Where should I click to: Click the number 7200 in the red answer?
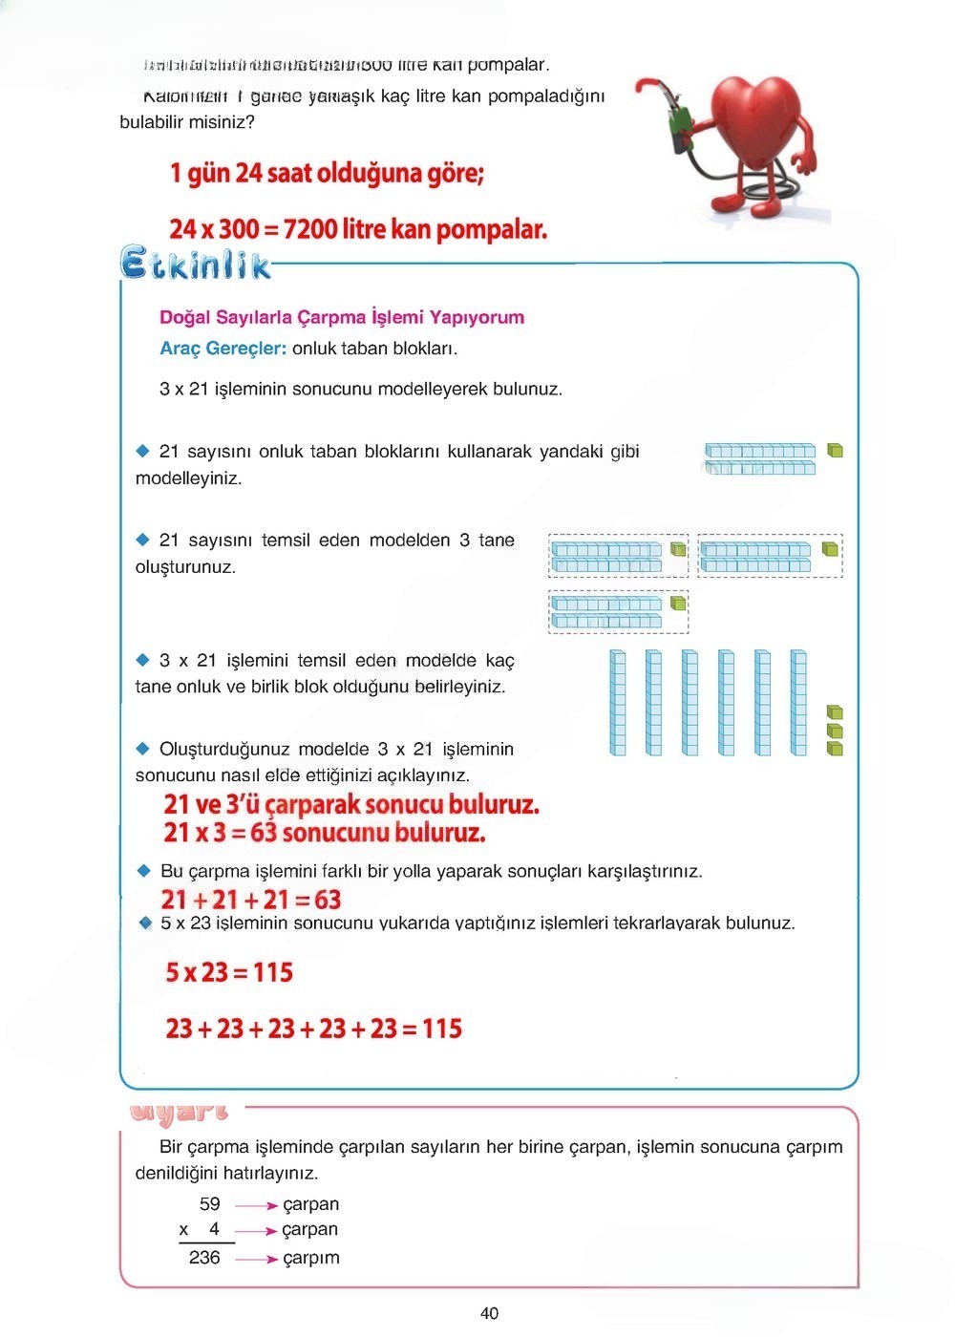pyautogui.click(x=310, y=229)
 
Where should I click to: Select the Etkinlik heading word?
pyautogui.click(x=196, y=263)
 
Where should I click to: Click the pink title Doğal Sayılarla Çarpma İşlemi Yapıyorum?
pyautogui.click(x=342, y=317)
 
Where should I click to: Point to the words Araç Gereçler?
pyautogui.click(x=223, y=349)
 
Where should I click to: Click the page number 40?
pyautogui.click(x=489, y=1313)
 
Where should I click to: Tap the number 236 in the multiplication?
pyautogui.click(x=204, y=1258)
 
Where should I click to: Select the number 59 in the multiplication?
pyautogui.click(x=210, y=1204)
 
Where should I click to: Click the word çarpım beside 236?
pyautogui.click(x=311, y=1259)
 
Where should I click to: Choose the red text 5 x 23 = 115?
pyautogui.click(x=229, y=972)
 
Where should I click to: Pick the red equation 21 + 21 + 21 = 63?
pyautogui.click(x=251, y=900)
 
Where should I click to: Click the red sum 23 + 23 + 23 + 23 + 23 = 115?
pyautogui.click(x=313, y=1029)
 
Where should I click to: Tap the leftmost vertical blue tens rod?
pyautogui.click(x=618, y=703)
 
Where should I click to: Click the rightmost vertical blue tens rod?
pyautogui.click(x=798, y=703)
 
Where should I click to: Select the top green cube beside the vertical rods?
pyautogui.click(x=835, y=712)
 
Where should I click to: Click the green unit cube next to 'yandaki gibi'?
pyautogui.click(x=835, y=450)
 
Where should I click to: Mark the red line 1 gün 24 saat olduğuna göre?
pyautogui.click(x=327, y=174)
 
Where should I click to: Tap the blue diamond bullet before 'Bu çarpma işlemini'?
pyautogui.click(x=144, y=870)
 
